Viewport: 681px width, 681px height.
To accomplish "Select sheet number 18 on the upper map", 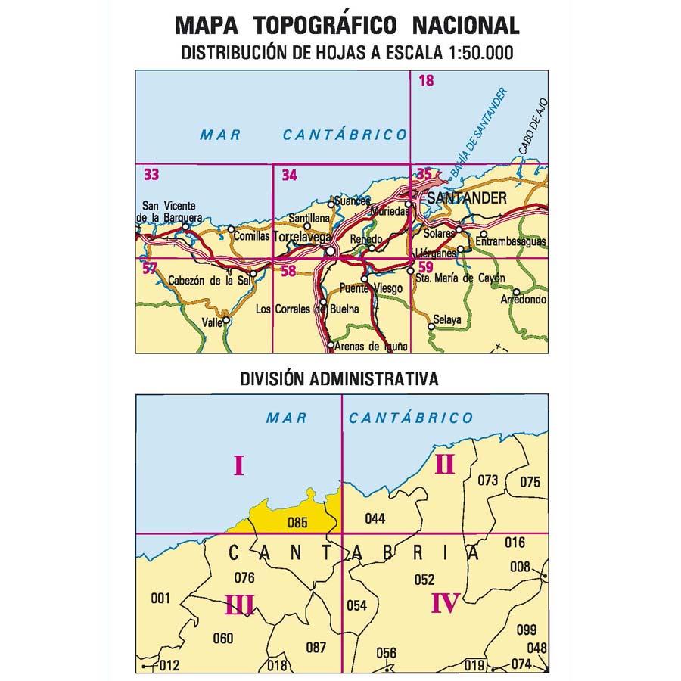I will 426,81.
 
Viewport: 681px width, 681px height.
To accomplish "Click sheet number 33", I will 151,176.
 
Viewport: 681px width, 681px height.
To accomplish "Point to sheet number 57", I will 149,268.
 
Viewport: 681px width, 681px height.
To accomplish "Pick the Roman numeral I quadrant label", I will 238,465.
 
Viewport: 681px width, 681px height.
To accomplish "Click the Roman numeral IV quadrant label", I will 446,603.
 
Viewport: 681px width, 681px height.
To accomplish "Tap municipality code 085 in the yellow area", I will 297,522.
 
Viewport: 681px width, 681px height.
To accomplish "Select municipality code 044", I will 375,519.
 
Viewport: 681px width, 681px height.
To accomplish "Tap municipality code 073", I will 489,480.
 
